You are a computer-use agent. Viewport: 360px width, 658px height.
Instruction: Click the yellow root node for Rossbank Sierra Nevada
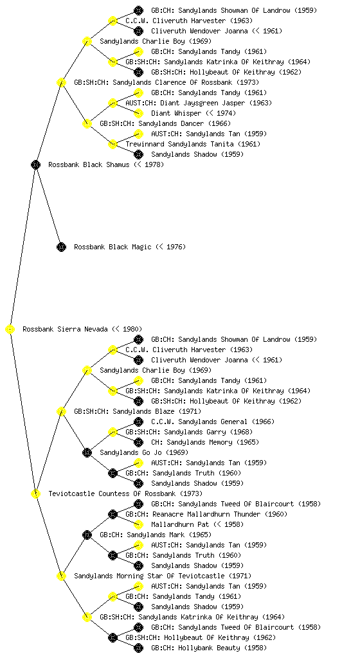[10, 330]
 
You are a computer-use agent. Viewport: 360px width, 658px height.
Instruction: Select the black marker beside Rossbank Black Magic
[61, 247]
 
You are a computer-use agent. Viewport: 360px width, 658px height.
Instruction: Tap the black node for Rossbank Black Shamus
[35, 165]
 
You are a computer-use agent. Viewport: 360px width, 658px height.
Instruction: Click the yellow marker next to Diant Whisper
[138, 113]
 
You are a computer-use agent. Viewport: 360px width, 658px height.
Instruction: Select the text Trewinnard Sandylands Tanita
[179, 145]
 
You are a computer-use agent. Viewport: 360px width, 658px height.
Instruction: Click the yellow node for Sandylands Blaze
[61, 412]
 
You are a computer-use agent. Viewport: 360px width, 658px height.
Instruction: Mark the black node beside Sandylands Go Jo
[87, 453]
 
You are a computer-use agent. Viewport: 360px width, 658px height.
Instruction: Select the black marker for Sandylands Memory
[138, 442]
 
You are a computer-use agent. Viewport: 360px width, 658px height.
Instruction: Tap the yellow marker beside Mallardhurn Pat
[138, 524]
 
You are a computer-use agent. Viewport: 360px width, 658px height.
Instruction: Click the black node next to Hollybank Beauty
[138, 648]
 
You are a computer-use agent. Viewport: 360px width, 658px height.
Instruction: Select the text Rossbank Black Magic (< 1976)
[130, 247]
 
